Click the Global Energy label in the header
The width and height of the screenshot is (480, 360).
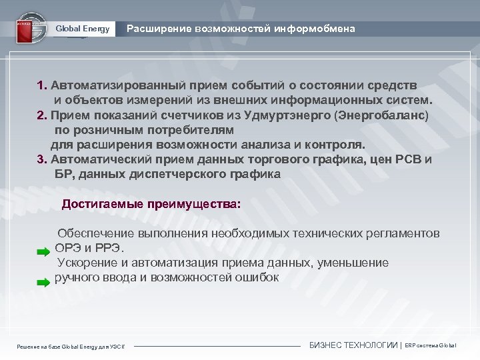(x=83, y=29)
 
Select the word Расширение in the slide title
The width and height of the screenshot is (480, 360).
(x=159, y=29)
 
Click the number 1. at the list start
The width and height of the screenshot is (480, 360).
(x=43, y=86)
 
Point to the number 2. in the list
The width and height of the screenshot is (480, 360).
(x=43, y=115)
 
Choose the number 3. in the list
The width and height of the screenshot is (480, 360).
(x=43, y=159)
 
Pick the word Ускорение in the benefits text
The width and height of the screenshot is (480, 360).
(x=89, y=263)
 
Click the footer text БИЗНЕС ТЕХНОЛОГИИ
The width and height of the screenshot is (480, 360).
(x=353, y=345)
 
